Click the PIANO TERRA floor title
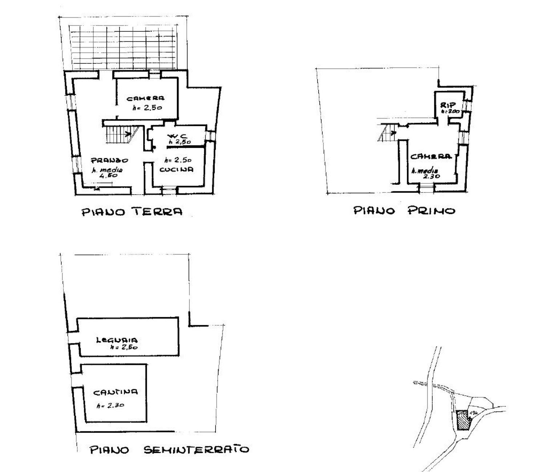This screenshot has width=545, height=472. click(132, 211)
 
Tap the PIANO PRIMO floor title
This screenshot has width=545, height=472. click(404, 210)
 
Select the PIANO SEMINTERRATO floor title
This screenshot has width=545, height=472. click(169, 449)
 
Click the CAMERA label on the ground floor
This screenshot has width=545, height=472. click(145, 98)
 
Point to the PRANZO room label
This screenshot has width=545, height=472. click(109, 160)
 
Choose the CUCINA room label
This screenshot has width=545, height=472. click(176, 169)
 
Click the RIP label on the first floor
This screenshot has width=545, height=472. click(448, 105)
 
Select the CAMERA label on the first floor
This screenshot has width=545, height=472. click(431, 156)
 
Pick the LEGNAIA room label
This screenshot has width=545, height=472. click(117, 340)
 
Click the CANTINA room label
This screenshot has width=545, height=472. click(116, 392)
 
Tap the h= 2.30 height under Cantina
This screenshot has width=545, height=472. click(110, 406)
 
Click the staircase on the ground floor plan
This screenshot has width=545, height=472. click(120, 132)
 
